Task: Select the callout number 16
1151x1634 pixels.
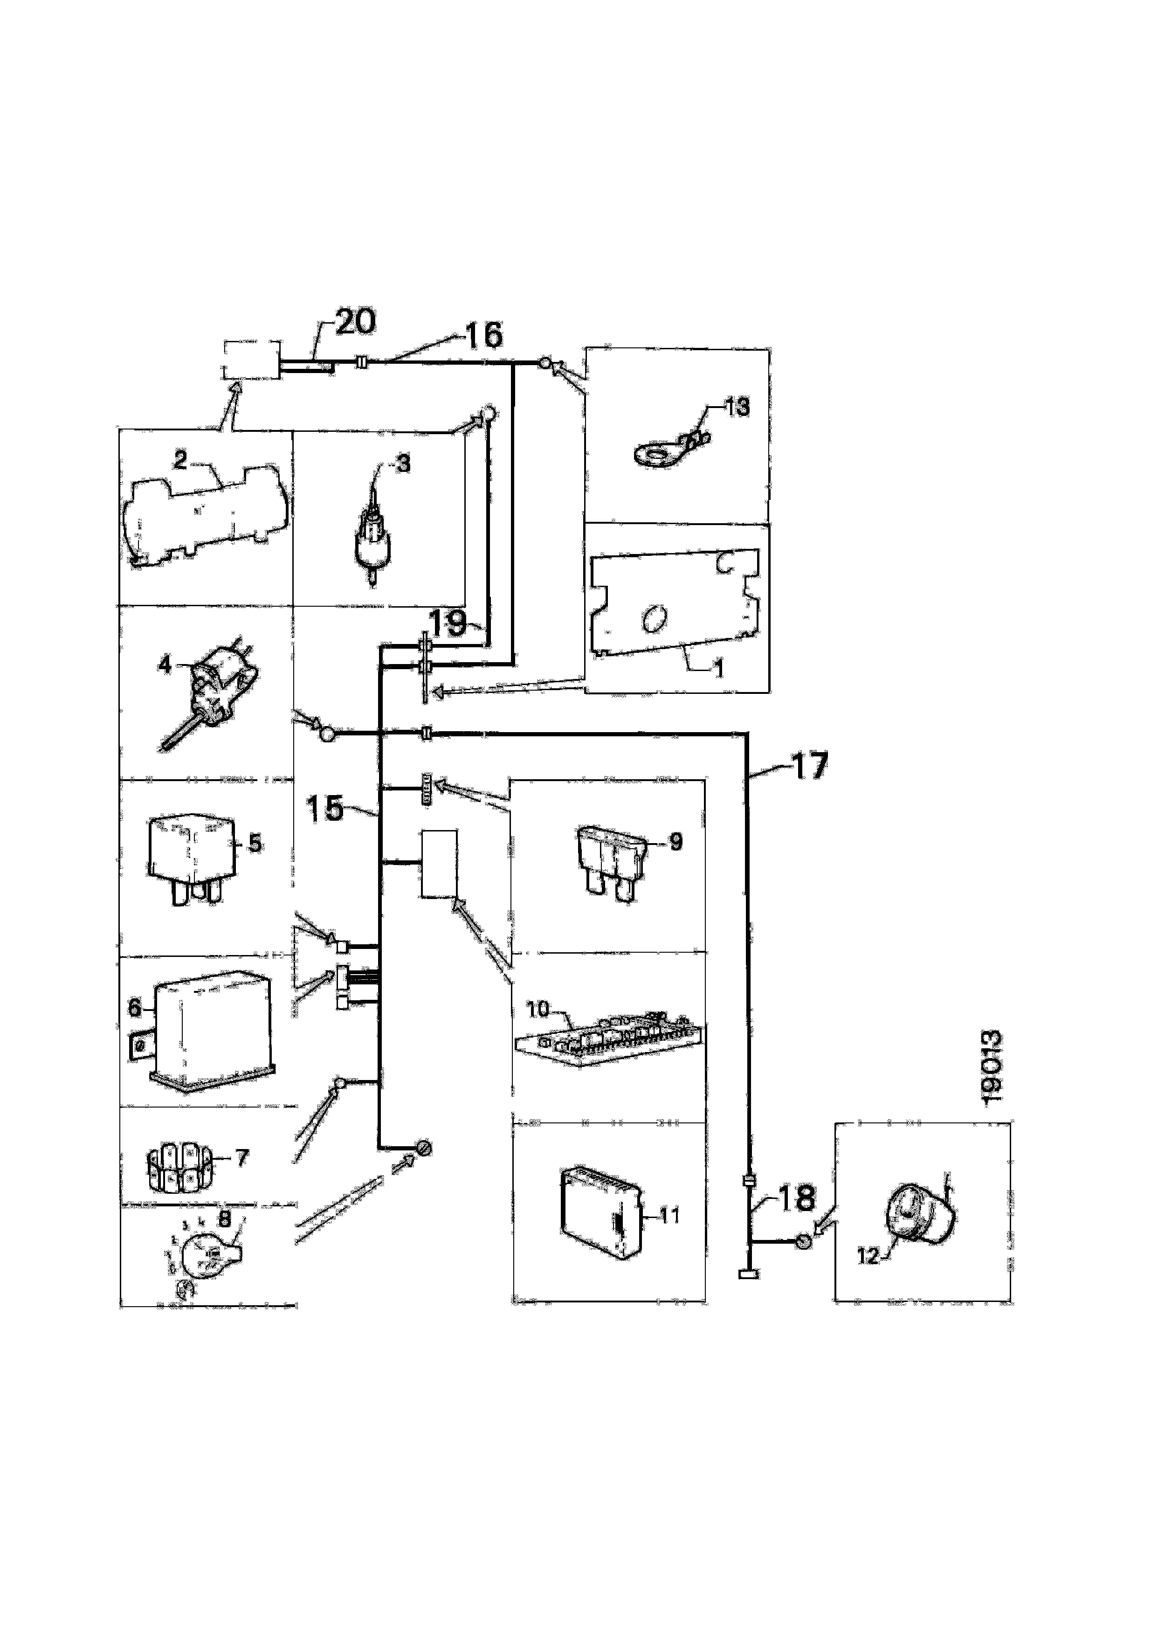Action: [x=484, y=335]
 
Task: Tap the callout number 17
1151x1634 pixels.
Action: [x=809, y=766]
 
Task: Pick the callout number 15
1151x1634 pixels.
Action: [x=325, y=809]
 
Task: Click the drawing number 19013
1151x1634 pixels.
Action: [x=991, y=1067]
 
